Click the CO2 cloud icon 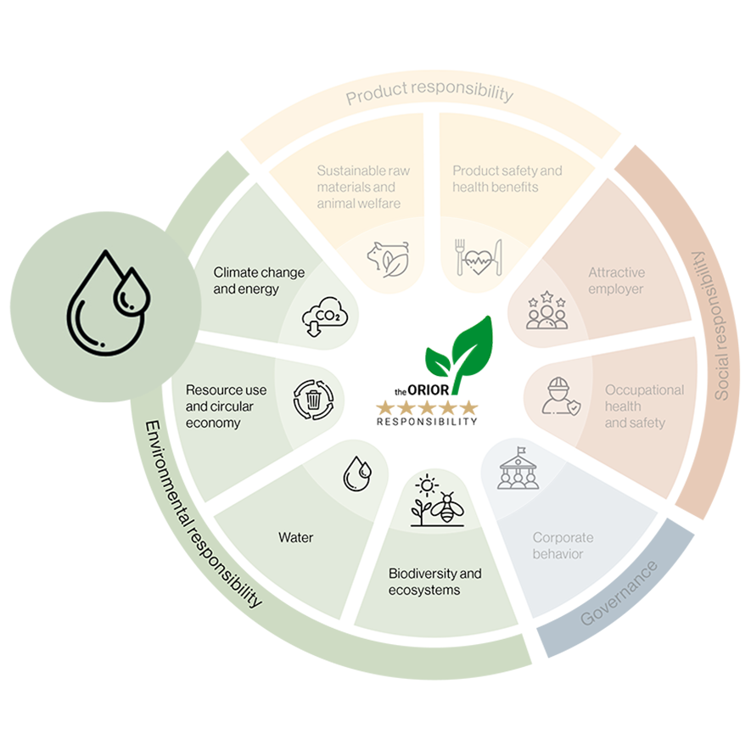pos(325,317)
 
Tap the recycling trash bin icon pos(314,400)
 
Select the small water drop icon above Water pos(357,474)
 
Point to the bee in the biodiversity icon pos(447,507)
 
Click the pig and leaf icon pos(389,259)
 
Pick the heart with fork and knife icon pos(478,258)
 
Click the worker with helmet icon pos(561,396)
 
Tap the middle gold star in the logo pos(427,408)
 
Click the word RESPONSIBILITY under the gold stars pos(427,422)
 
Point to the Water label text pos(296,537)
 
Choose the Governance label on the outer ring pos(619,593)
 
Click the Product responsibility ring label pos(429,92)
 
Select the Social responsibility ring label pos(719,326)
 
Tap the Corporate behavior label pos(563,546)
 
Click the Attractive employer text pos(616,281)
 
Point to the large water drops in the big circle pos(109,303)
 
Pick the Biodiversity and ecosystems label pos(434,581)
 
